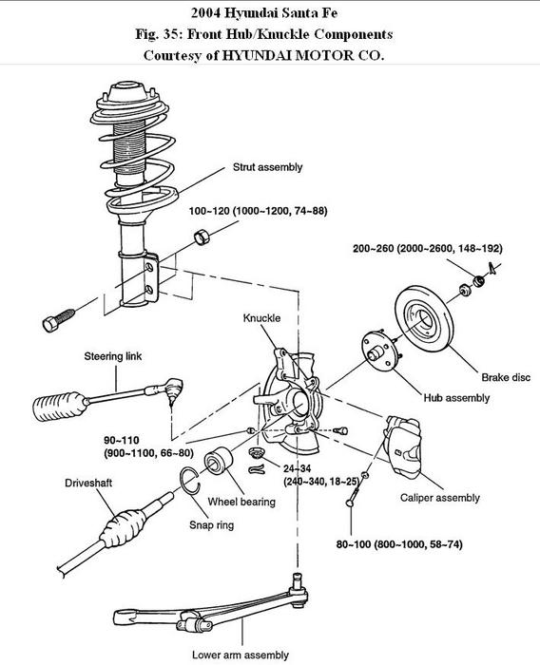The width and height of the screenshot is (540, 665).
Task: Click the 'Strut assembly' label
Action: click(267, 167)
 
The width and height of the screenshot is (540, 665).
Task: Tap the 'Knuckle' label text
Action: click(261, 318)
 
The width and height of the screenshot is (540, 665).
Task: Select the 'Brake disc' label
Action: click(506, 377)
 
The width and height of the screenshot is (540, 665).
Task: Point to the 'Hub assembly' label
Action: click(456, 398)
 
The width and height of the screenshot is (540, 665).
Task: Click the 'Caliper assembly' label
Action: click(440, 498)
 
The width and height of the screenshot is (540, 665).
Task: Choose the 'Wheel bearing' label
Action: click(241, 502)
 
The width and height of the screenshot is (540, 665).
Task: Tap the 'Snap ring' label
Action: click(211, 525)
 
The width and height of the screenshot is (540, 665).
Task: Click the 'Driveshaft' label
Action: click(88, 483)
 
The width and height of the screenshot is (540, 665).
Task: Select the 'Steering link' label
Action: click(113, 356)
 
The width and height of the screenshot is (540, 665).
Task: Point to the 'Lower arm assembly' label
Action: click(241, 655)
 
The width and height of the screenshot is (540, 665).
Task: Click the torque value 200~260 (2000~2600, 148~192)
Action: click(428, 249)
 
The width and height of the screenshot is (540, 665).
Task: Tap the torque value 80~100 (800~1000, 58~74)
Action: click(399, 544)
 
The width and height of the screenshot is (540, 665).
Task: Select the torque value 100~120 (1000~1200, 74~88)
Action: click(258, 211)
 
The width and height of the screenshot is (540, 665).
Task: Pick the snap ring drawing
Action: click(190, 481)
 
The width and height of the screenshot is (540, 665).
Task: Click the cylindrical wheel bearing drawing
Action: click(219, 460)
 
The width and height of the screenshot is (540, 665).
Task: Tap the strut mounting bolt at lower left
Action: click(59, 321)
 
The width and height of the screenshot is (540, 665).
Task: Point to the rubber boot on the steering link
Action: click(60, 407)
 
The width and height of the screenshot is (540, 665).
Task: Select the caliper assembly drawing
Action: click(402, 446)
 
